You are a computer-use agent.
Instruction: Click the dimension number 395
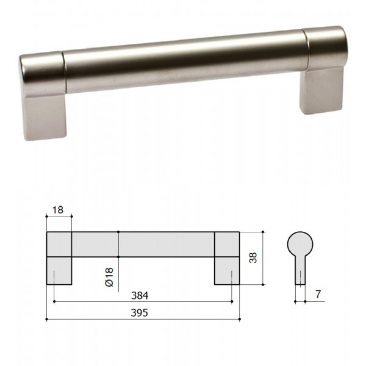coord(139,313)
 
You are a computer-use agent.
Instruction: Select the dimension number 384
coord(140,295)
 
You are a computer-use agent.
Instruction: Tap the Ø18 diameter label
coord(109,277)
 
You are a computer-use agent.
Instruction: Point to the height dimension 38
coord(253,257)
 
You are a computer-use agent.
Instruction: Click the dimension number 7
coord(318,294)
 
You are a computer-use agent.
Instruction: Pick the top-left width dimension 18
coord(58,210)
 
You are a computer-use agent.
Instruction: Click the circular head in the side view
coord(300,244)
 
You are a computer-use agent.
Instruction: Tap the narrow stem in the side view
coord(300,270)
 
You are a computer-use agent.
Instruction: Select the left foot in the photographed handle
coord(45,117)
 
